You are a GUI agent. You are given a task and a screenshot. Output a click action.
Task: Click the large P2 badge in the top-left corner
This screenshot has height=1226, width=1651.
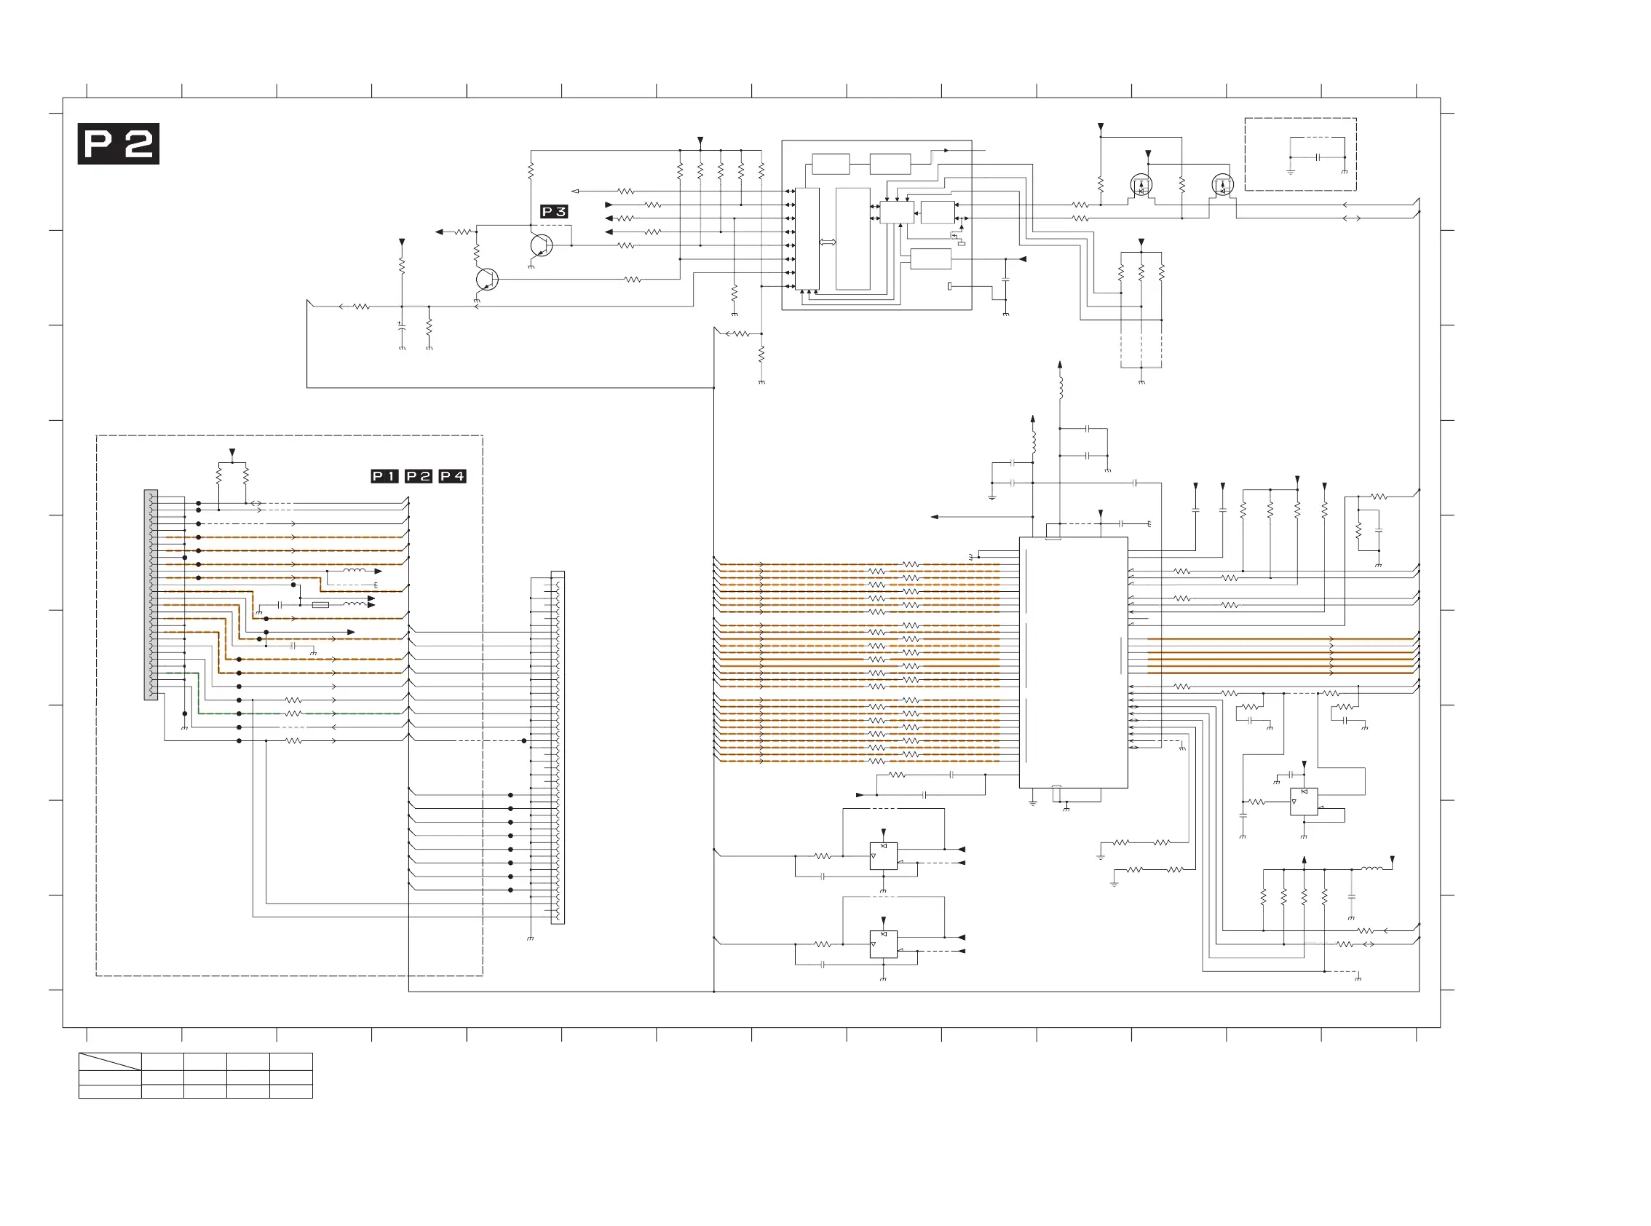(118, 144)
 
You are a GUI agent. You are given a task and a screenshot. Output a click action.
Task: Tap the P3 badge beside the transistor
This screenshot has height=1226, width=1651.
(553, 212)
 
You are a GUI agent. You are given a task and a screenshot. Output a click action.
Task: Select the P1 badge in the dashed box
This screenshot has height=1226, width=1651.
(384, 476)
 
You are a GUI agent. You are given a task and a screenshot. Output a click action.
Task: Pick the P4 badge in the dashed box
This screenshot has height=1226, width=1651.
(452, 476)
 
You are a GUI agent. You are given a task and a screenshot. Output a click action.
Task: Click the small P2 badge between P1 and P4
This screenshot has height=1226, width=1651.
(419, 476)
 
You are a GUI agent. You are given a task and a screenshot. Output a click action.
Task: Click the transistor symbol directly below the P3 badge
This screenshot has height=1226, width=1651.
(542, 245)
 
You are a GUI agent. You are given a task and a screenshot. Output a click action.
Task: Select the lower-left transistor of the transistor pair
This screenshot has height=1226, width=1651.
(486, 280)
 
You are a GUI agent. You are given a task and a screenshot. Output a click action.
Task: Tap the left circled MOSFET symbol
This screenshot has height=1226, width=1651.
(1141, 185)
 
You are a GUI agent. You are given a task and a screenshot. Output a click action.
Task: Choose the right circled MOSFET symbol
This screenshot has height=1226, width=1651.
(1222, 185)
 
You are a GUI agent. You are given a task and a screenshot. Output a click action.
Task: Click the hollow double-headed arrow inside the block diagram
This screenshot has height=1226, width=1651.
(828, 242)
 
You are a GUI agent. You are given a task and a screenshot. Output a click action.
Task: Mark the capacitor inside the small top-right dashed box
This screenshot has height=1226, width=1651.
(1318, 157)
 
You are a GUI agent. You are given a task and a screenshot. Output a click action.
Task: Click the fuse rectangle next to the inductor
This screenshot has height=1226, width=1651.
(320, 605)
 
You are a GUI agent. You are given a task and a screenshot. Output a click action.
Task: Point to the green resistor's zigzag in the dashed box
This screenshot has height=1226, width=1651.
(294, 713)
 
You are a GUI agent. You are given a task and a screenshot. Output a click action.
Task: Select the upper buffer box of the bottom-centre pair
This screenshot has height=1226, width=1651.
(883, 855)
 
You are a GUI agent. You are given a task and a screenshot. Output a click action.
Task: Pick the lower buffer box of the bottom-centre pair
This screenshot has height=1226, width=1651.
(883, 944)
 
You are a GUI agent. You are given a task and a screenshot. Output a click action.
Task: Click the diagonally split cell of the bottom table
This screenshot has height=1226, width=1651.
(110, 1061)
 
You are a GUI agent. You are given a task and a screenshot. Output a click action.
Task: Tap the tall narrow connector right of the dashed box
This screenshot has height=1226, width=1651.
(558, 748)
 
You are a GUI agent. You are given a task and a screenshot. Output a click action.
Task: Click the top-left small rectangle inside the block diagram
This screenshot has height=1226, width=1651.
(831, 164)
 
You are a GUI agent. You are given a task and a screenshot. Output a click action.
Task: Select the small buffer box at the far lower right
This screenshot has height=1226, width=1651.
(1303, 802)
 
